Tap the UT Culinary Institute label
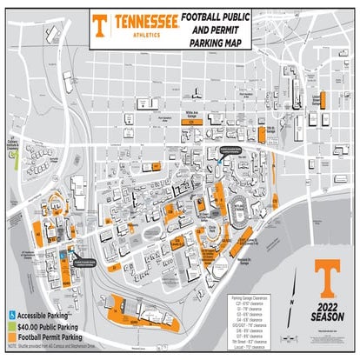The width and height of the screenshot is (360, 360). coord(11,146)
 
